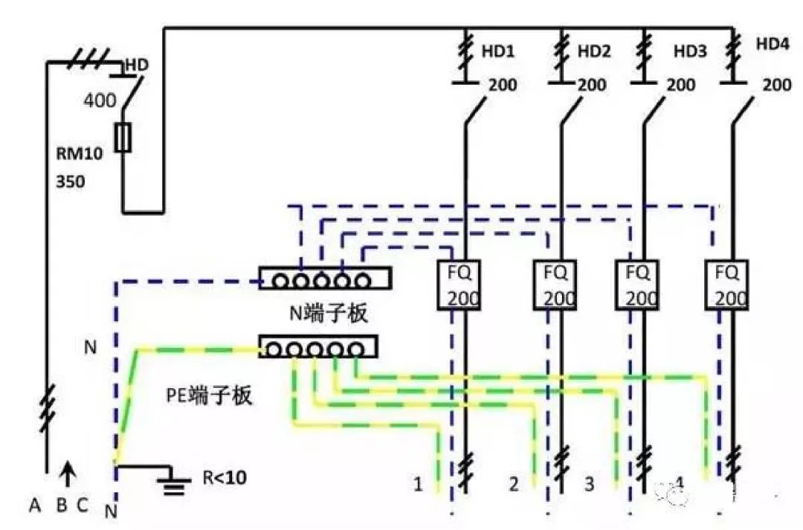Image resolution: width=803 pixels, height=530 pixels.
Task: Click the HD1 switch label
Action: [498, 52]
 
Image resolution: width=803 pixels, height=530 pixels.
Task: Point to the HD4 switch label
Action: [773, 44]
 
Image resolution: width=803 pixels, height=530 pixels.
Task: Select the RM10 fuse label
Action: [80, 154]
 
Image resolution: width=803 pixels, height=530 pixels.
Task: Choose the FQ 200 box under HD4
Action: [726, 285]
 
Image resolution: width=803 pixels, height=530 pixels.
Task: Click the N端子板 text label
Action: [329, 314]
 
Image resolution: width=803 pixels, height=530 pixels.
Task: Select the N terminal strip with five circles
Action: [324, 279]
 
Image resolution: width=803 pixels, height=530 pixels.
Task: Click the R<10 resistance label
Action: [225, 477]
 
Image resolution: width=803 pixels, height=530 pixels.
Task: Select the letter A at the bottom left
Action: [34, 505]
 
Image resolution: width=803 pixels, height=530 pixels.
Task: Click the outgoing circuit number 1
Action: [418, 485]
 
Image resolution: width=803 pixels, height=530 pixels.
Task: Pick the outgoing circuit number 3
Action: [589, 485]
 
